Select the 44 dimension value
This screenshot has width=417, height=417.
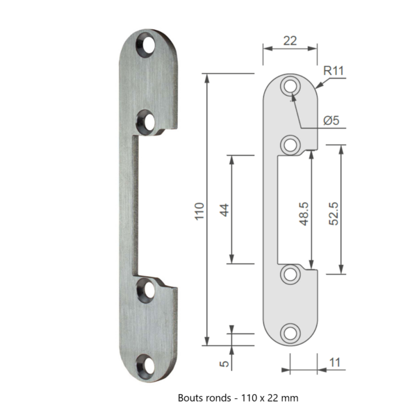(x=224, y=209)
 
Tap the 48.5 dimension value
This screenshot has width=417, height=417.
(x=304, y=209)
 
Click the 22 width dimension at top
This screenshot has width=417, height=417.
(x=290, y=40)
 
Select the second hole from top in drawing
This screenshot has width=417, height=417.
(x=290, y=145)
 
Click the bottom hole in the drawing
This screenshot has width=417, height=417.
(x=290, y=332)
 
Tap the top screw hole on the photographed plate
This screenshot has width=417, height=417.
(x=147, y=47)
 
